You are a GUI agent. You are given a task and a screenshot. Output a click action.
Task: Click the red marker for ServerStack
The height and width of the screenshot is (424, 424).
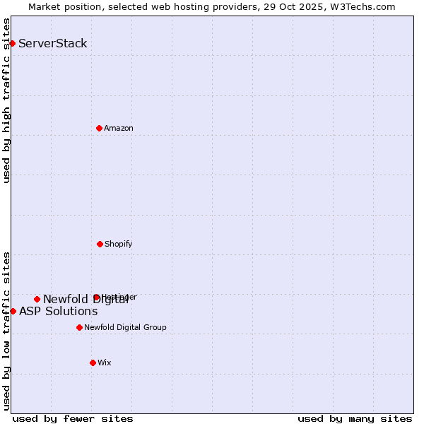(12, 43)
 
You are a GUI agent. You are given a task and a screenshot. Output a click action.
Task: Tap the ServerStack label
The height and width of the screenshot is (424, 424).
(52, 43)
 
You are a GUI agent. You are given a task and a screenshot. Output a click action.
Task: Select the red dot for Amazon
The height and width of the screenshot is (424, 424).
(99, 128)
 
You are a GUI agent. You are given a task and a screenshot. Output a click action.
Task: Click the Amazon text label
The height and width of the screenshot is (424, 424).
(119, 128)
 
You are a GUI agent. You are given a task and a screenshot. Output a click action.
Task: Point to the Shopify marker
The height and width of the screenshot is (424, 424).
(100, 244)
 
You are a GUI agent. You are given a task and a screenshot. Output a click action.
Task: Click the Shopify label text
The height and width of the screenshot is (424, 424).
(119, 244)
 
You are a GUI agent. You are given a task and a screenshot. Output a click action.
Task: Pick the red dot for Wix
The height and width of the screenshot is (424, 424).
(93, 363)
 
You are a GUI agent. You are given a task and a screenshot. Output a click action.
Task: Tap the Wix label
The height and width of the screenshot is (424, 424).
(105, 363)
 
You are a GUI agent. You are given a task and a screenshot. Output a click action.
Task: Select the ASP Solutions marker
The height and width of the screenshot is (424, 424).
(13, 311)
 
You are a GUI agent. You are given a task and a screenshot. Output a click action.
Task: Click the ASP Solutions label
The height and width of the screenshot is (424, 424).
(58, 311)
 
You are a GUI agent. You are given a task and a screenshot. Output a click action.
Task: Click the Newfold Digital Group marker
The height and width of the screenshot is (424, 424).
(79, 327)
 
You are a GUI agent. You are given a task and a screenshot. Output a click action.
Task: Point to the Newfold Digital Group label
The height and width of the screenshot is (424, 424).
(125, 327)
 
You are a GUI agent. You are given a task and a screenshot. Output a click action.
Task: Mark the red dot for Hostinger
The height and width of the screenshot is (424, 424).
(96, 297)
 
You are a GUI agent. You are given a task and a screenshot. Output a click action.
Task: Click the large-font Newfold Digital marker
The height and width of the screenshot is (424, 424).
(37, 299)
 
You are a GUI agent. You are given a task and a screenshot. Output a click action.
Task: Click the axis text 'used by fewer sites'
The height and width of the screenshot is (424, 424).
(73, 418)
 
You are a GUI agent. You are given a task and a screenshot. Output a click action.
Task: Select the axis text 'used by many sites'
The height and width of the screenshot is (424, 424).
(355, 418)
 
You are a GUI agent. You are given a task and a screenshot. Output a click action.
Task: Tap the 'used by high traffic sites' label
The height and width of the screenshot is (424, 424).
(6, 100)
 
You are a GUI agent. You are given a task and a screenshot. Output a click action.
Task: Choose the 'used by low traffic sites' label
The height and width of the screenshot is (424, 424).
(6, 331)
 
